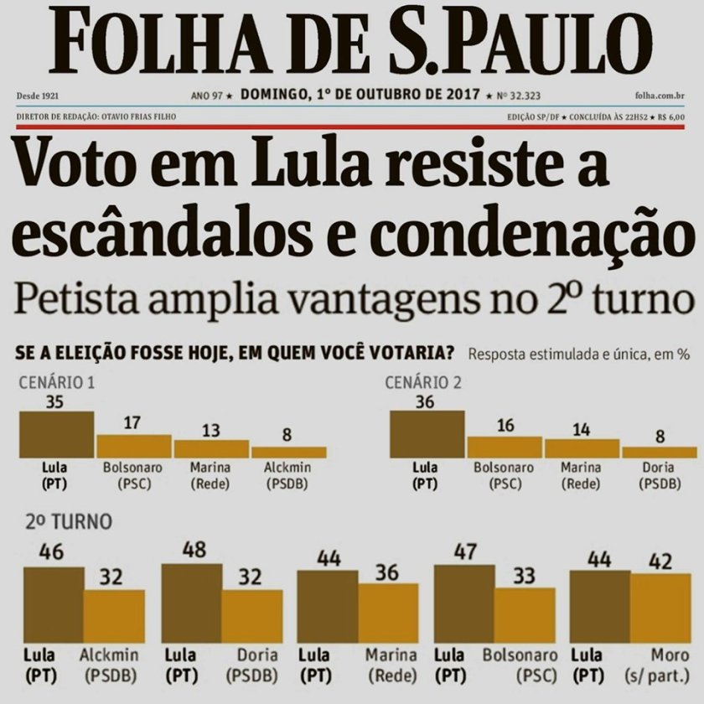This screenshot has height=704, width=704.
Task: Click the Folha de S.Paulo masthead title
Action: pyautogui.click(x=351, y=42)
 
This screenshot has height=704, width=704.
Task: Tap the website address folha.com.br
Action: pyautogui.click(x=663, y=97)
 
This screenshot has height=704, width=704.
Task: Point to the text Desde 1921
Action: pyautogui.click(x=36, y=97)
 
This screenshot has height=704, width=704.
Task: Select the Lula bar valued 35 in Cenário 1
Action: pyautogui.click(x=57, y=434)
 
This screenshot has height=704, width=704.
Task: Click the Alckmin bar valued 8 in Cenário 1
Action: pyautogui.click(x=288, y=451)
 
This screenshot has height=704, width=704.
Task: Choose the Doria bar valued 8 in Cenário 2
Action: pyautogui.click(x=660, y=451)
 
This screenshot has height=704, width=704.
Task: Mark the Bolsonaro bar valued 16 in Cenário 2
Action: pyautogui.click(x=505, y=447)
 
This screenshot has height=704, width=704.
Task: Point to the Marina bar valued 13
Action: pyautogui.click(x=211, y=448)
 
